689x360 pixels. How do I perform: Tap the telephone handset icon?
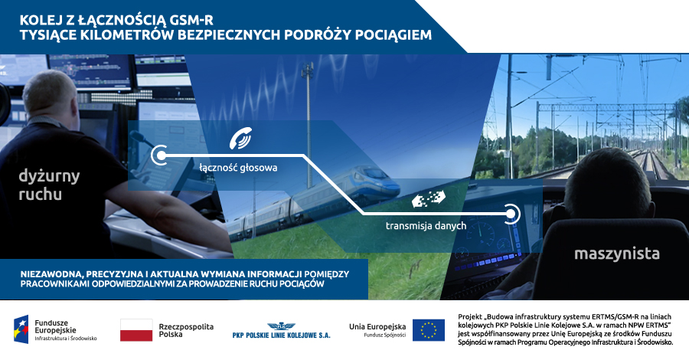241,138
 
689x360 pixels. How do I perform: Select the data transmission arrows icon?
429,198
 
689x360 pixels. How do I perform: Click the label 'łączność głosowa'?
238,168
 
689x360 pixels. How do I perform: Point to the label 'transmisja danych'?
426,225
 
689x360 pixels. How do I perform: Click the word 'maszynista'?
617,254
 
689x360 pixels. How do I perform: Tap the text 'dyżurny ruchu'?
49,185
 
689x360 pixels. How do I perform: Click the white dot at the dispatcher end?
161,155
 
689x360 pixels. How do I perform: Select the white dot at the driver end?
510,214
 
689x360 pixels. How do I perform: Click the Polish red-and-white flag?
136,330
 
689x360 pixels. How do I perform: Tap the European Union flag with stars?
429,330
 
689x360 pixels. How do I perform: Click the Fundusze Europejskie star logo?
21,329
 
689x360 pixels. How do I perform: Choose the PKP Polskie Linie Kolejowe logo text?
281,335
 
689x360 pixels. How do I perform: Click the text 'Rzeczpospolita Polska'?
186,331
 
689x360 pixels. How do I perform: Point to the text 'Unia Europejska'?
377,326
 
